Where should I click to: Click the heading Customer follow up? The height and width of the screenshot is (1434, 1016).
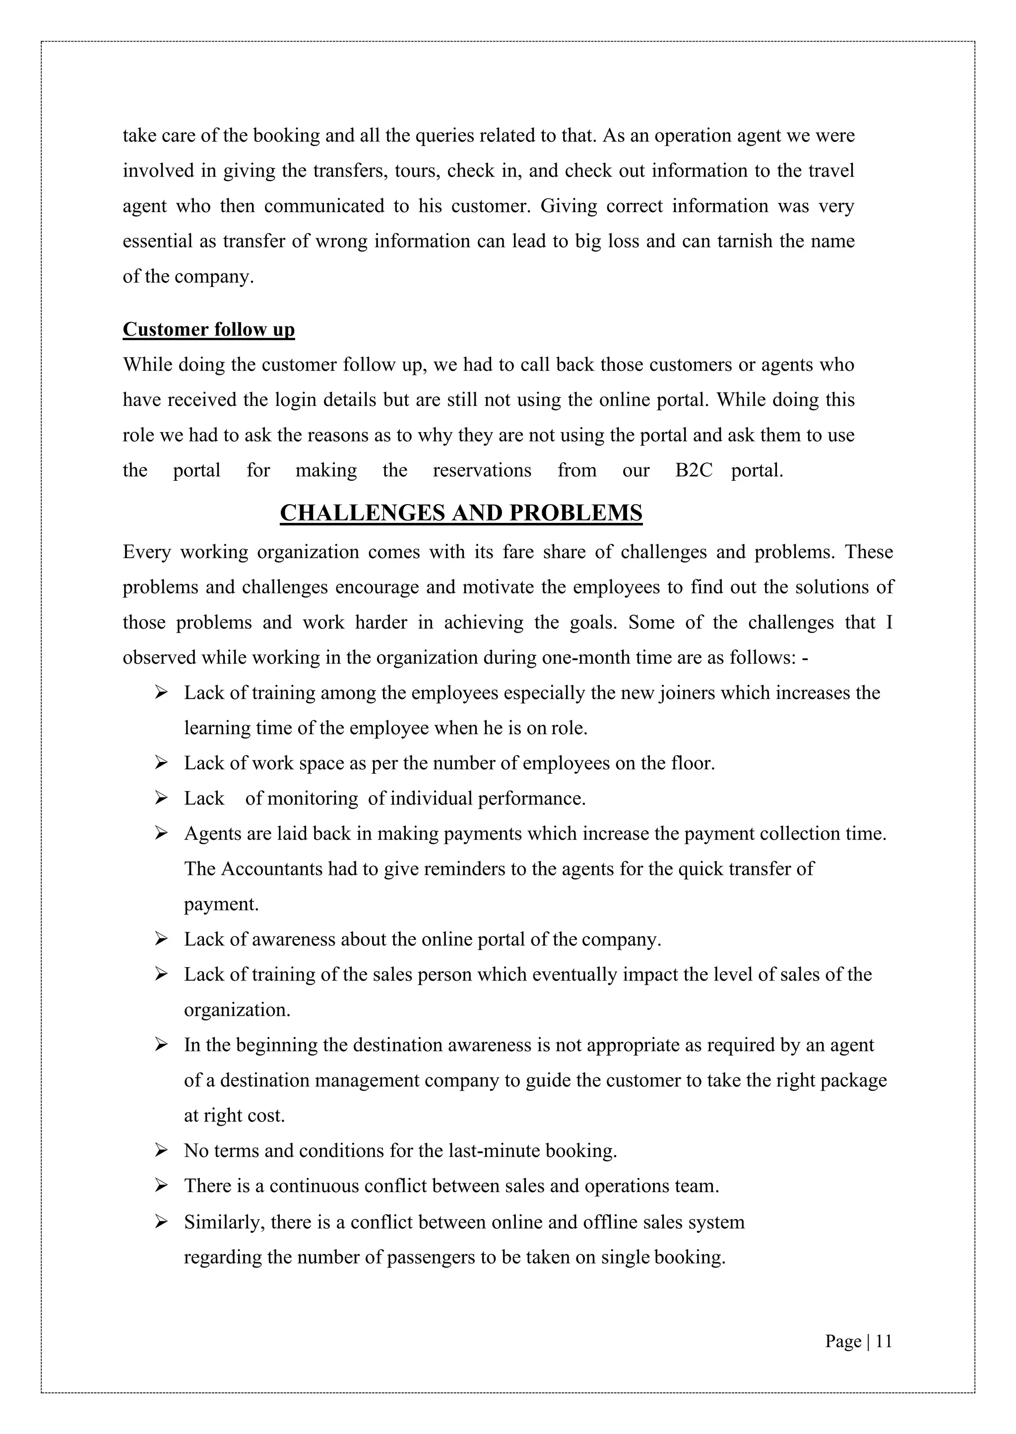[208, 330]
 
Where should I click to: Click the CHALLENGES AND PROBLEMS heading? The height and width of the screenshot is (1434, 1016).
[461, 513]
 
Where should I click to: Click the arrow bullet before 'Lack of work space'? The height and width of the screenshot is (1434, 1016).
[161, 763]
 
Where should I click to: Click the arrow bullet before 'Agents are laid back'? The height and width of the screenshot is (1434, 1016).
[161, 834]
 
